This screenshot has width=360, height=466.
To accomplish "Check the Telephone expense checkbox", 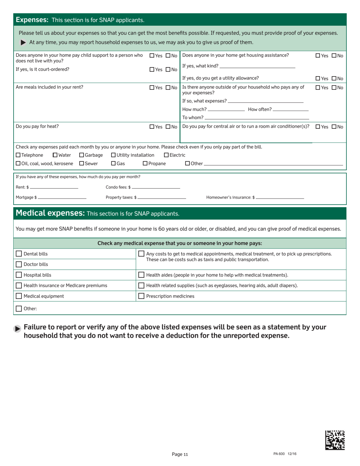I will coord(18,155).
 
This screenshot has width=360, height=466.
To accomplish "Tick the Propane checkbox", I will coord(145,163).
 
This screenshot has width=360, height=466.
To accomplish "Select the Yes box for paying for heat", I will coord(152,127).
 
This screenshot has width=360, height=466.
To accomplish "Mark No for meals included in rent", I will coord(168,88).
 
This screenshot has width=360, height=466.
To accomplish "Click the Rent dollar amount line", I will coord(54,188).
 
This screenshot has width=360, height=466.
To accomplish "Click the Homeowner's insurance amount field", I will coord(280,198).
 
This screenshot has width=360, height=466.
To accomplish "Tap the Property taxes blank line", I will coord(162,198).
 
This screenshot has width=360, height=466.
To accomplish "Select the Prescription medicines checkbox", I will coord(141,296).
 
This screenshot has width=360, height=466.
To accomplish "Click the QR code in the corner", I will coord(335,440).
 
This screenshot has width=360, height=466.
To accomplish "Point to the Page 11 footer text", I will coord(180,455).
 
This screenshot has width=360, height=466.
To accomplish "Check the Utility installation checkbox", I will coord(113,155).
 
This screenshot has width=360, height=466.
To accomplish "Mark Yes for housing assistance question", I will coord(318,56).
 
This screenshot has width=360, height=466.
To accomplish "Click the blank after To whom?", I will coord(257,118).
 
